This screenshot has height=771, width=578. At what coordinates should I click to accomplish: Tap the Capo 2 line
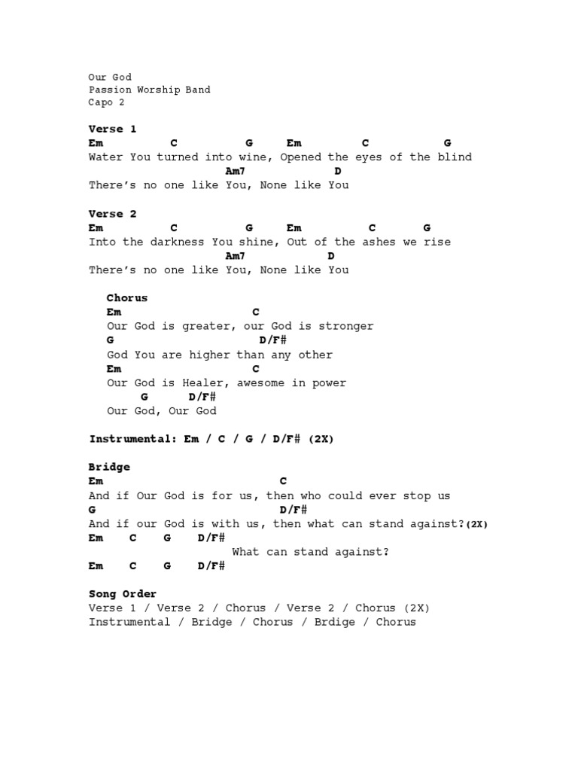click(106, 102)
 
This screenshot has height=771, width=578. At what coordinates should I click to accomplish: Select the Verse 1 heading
click(112, 129)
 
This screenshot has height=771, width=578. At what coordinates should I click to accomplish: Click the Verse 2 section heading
click(112, 214)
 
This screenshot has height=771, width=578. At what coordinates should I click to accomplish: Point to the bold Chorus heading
click(127, 298)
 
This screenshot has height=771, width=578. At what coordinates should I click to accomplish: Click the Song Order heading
click(123, 594)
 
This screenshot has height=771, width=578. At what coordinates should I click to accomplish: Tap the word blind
click(455, 157)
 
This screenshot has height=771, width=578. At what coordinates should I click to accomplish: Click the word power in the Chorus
click(328, 382)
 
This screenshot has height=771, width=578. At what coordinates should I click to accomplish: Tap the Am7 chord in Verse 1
click(235, 171)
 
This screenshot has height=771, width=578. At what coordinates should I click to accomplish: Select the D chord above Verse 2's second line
click(331, 256)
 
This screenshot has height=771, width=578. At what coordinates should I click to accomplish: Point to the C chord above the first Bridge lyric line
click(283, 481)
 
